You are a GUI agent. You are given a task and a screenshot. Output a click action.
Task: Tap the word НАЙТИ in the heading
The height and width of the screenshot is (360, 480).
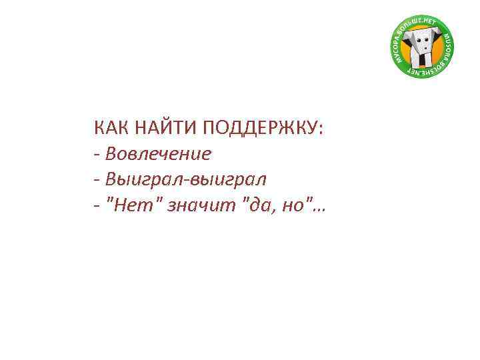[x=163, y=128]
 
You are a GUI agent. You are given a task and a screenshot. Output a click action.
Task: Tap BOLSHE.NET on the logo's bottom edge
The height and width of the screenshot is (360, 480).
[x=426, y=69]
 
